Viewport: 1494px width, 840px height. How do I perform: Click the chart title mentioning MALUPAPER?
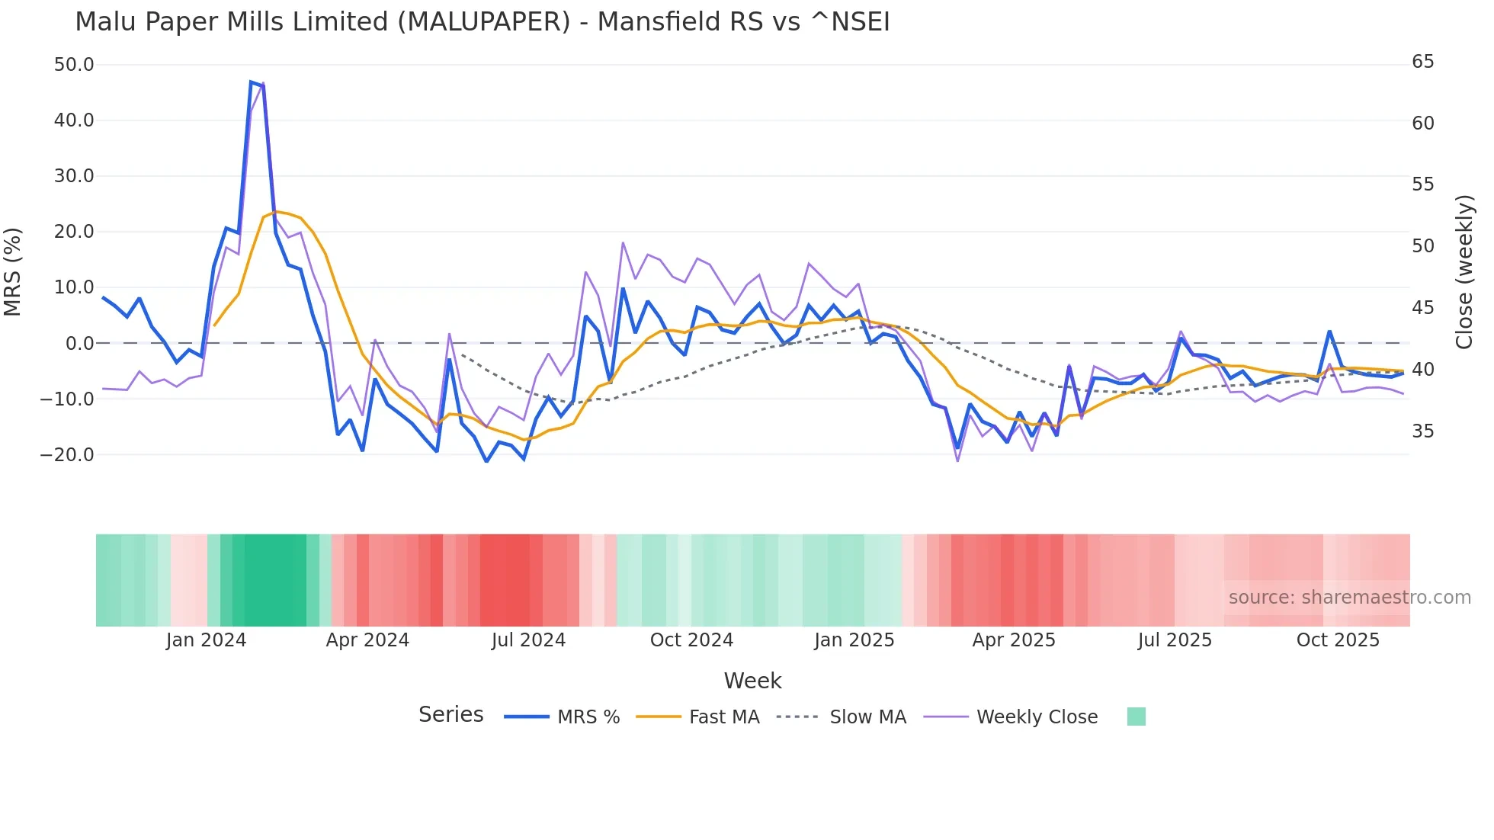pos(482,22)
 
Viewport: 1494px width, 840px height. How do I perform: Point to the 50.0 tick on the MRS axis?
pos(74,65)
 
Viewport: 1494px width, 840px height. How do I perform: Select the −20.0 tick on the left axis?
pos(67,455)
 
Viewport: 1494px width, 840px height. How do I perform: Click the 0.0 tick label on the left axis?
pos(80,344)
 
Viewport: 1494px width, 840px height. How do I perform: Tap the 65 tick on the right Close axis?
pos(1422,62)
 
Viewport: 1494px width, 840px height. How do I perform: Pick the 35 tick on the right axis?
pos(1422,431)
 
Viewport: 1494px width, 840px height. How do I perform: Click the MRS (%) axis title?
pos(13,271)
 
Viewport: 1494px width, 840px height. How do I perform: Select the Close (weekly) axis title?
pos(1464,271)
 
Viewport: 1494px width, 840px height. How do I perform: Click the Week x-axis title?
pos(752,681)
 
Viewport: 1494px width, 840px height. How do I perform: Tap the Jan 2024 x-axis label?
pos(206,640)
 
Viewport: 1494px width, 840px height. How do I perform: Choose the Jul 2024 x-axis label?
pos(528,640)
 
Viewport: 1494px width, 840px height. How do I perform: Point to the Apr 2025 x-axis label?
pos(1014,640)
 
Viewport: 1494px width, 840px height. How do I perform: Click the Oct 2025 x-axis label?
pos(1338,640)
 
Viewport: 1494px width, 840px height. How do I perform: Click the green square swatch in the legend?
pos(1136,717)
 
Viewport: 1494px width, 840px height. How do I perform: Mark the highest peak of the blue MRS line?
pos(251,82)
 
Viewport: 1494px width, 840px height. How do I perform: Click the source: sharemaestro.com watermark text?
pos(1349,598)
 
